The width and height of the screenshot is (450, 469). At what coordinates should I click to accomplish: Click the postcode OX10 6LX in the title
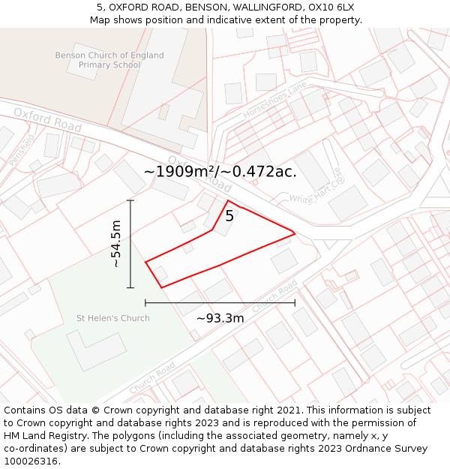(x=331, y=8)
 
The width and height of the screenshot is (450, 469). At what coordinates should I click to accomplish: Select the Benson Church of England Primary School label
(x=109, y=60)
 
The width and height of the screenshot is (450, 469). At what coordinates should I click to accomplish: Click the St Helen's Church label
(x=113, y=318)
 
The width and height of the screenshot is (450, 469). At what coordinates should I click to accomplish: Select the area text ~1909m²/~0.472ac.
(x=220, y=171)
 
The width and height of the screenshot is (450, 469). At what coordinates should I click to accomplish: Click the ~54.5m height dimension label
(x=116, y=244)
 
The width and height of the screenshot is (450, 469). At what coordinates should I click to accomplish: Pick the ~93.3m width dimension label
(x=220, y=318)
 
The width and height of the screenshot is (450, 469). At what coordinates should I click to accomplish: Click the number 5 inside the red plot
(x=229, y=216)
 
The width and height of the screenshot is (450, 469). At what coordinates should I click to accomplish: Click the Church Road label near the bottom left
(x=152, y=378)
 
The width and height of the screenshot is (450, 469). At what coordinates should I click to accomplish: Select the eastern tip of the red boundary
(x=294, y=233)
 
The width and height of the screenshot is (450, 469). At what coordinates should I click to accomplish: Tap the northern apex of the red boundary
(x=229, y=200)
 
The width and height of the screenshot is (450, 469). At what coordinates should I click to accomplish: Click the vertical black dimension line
(x=130, y=244)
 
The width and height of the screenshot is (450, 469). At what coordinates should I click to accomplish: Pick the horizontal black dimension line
(x=220, y=302)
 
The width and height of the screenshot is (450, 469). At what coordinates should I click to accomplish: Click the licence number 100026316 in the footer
(x=32, y=461)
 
